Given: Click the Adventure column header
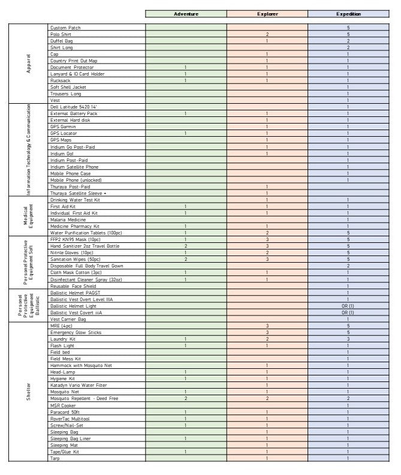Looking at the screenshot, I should [186, 14].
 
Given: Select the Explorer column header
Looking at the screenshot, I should [267, 14].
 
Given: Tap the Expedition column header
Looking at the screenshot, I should [348, 14].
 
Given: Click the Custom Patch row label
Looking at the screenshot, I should [67, 28].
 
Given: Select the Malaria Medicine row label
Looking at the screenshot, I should [68, 220].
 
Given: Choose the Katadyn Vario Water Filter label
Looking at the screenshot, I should [79, 385].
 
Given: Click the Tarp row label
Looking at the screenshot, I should [55, 458].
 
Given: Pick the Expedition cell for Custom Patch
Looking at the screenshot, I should [348, 28].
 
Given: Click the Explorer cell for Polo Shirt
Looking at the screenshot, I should [267, 34].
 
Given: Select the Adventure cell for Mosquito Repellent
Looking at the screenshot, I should [186, 398].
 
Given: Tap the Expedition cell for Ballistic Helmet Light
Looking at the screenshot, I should [348, 306].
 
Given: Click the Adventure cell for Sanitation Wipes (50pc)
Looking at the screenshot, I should [186, 259].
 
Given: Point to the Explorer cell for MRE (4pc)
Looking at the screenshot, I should [267, 326].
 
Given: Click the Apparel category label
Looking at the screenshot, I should [28, 64].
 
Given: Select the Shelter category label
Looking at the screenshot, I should [28, 392].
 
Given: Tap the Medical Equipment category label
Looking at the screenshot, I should [28, 216].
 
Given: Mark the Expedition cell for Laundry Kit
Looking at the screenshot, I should [348, 339].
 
